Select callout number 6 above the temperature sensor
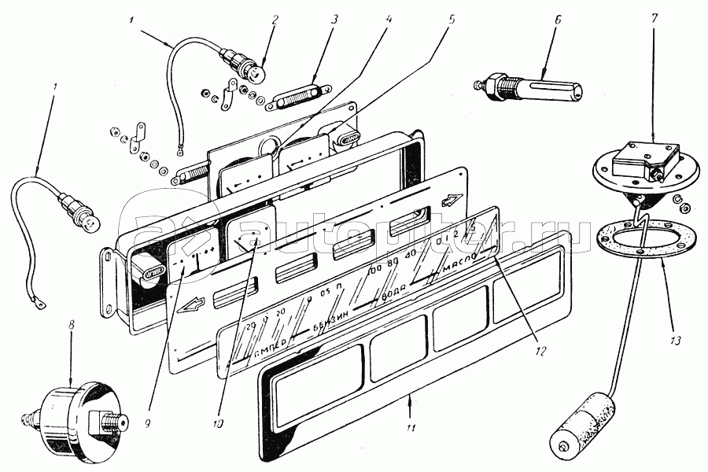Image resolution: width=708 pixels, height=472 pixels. [x=558, y=18]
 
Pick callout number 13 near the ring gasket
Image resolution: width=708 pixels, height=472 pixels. [x=677, y=341]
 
